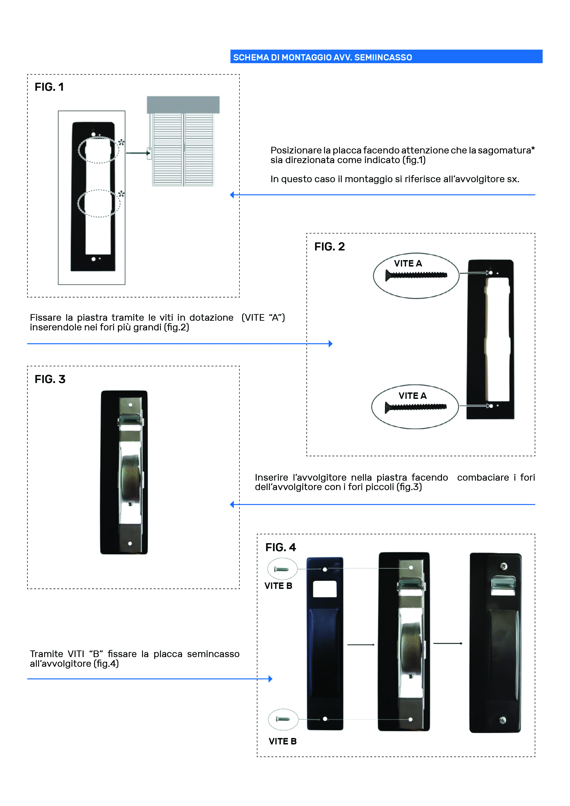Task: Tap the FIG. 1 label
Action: [x=49, y=87]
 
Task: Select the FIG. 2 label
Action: [x=329, y=247]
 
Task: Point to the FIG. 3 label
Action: [x=50, y=379]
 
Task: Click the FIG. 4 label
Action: [x=281, y=547]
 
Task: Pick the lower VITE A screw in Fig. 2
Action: [x=416, y=407]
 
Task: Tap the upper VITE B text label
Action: [x=278, y=586]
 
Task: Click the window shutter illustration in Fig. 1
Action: [x=183, y=149]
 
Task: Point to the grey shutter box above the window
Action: [x=183, y=105]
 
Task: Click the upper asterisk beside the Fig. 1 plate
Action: [x=121, y=142]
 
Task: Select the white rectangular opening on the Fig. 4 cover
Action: [x=325, y=589]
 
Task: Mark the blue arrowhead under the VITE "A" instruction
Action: [x=331, y=344]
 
